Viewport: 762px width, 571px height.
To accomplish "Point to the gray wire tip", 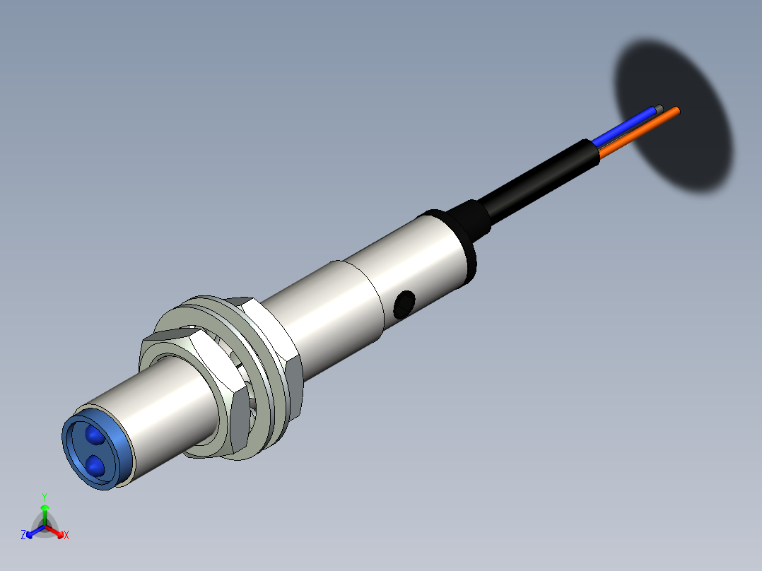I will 660,108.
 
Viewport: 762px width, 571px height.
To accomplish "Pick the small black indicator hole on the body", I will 404,302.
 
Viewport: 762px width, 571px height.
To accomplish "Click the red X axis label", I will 66,536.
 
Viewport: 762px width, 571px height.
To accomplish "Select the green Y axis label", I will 45,496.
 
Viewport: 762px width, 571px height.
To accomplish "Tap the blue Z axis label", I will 23,535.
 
